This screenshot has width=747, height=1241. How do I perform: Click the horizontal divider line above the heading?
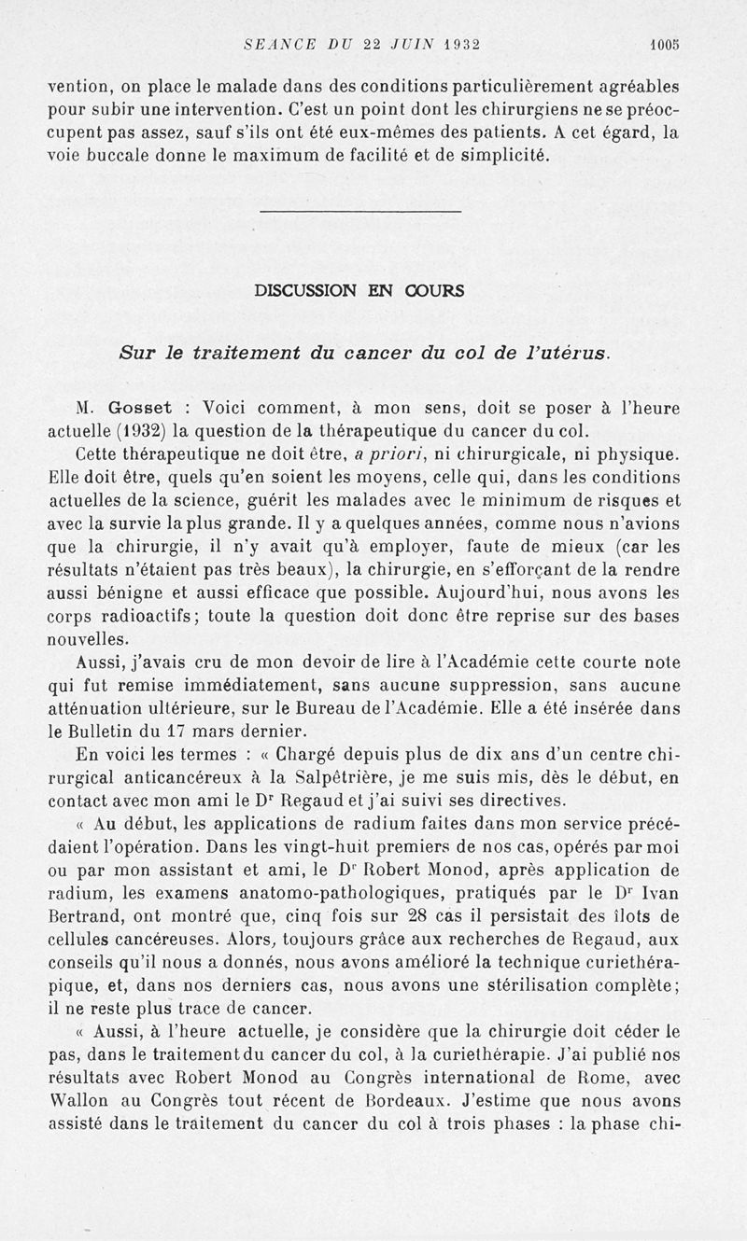click(x=359, y=212)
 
